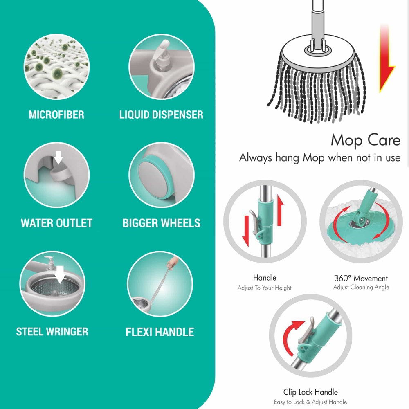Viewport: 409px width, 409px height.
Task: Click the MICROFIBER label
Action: [56, 115]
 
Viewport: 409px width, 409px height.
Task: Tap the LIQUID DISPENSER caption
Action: [161, 115]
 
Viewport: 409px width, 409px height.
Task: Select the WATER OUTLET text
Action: [56, 223]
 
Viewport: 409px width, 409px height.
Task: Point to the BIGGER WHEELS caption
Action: [161, 223]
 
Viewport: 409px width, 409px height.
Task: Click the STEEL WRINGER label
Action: [52, 331]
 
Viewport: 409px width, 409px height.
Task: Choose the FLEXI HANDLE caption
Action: [160, 332]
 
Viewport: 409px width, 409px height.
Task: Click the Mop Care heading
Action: [365, 140]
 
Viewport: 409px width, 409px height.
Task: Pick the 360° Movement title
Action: [361, 279]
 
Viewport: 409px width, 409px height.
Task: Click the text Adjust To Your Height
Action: [265, 288]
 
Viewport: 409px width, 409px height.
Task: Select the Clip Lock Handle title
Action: [310, 392]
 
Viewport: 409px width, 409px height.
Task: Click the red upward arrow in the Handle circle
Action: [280, 210]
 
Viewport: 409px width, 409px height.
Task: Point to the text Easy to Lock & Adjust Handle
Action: [310, 402]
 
